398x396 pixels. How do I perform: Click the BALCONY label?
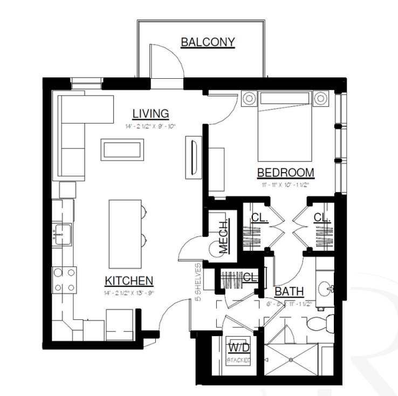click(208, 42)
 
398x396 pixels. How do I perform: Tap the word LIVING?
click(151, 113)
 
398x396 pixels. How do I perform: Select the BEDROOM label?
click(285, 173)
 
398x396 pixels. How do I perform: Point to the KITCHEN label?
click(129, 281)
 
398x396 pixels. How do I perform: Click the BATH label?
click(289, 292)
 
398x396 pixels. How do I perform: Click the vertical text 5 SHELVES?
click(198, 282)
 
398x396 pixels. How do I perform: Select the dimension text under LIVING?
click(151, 126)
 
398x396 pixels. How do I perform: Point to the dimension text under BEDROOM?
click(285, 185)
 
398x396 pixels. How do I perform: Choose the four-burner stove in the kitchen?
click(63, 281)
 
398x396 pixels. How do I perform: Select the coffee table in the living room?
click(122, 149)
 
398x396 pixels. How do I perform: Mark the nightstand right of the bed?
click(321, 99)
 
